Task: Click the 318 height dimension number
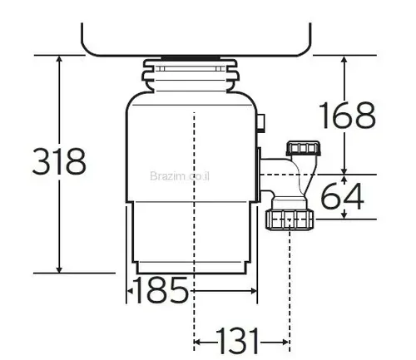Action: point(59,161)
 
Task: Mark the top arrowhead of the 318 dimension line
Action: point(59,61)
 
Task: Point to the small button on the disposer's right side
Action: point(263,123)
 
